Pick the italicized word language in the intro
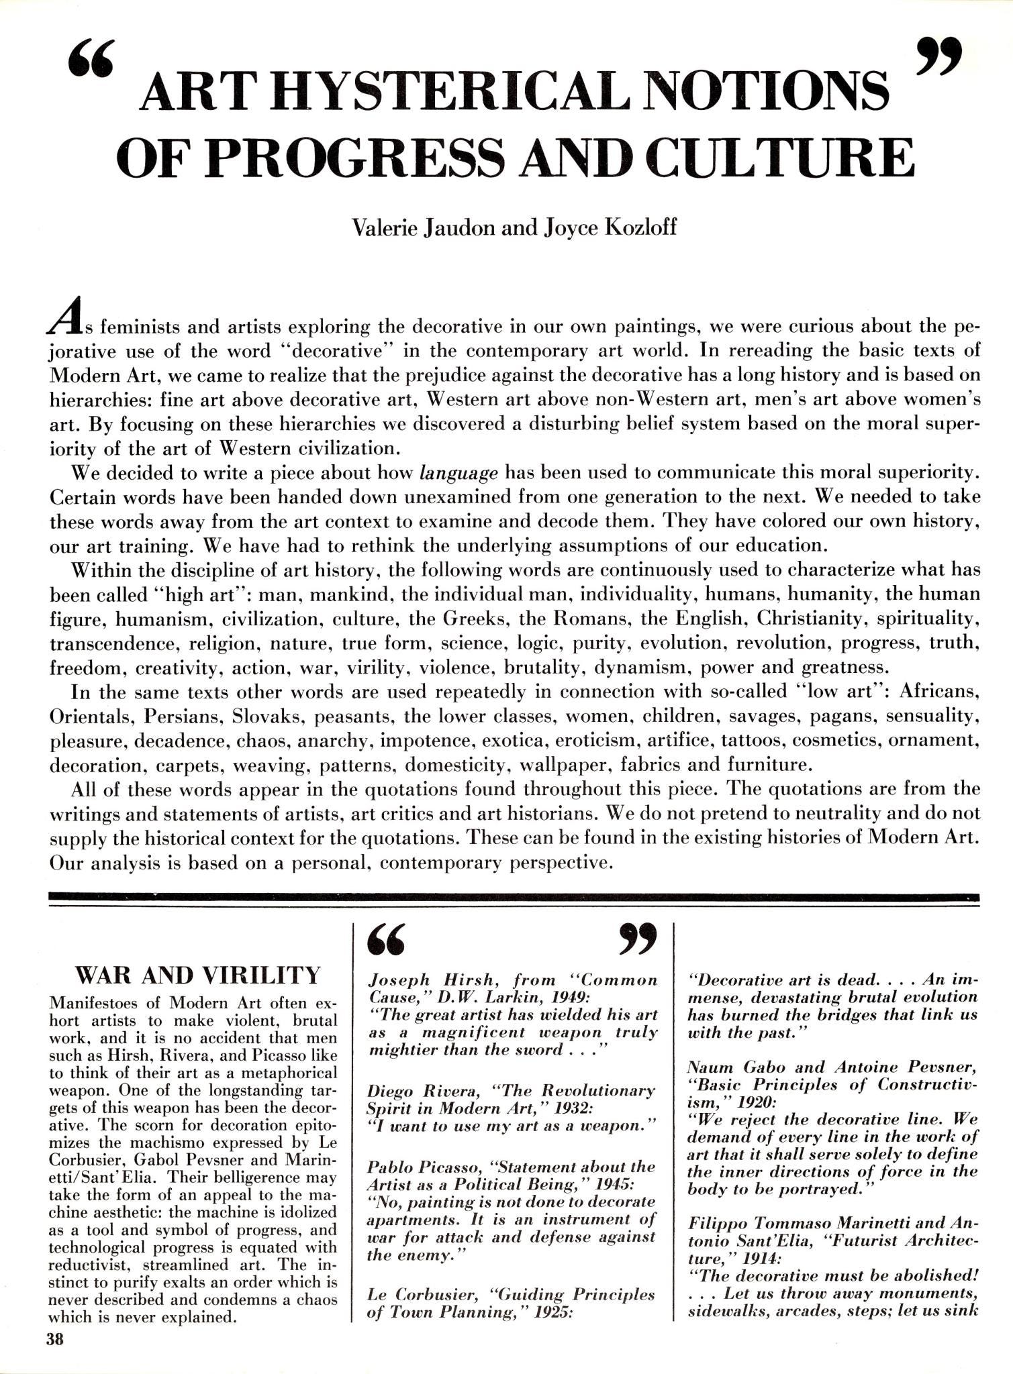coord(459,473)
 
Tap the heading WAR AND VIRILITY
coord(199,974)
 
